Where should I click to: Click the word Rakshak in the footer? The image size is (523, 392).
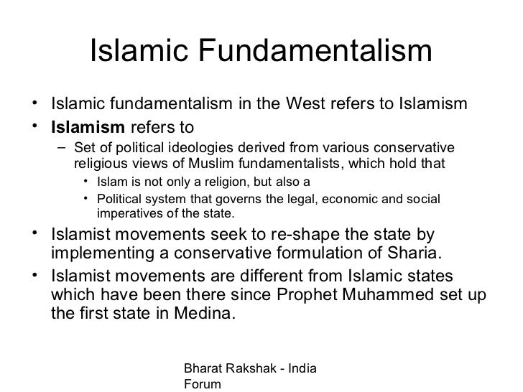click(x=247, y=368)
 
